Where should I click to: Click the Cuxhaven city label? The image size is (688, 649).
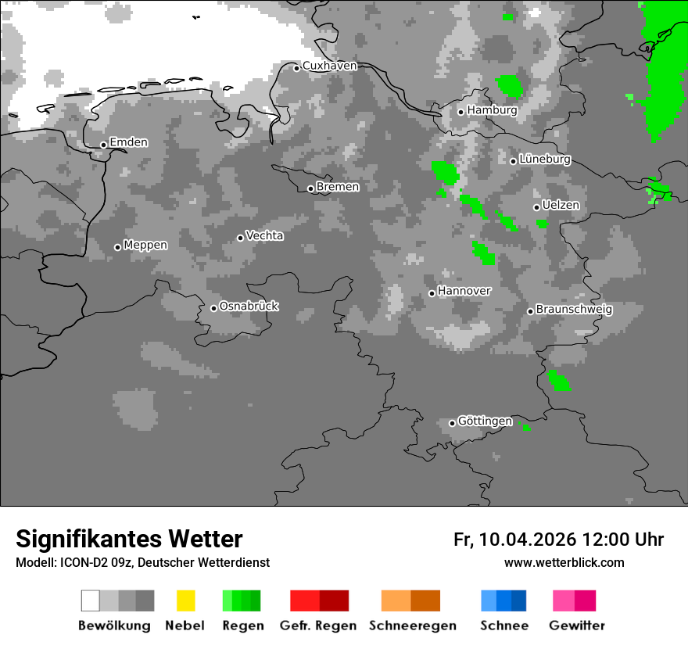tap(329, 66)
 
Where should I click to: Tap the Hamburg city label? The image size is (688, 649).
tap(492, 110)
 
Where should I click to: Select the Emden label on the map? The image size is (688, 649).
tap(128, 142)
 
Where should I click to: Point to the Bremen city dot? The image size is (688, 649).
tap(310, 188)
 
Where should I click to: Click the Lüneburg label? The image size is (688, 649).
tap(544, 159)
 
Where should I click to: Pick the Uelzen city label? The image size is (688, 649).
tap(561, 205)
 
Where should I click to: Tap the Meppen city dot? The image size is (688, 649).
tap(117, 247)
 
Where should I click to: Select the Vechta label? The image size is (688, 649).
tap(264, 235)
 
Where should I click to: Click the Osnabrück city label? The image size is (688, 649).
tap(249, 306)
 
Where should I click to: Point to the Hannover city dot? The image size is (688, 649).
tap(432, 293)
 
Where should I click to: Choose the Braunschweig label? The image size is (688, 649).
tap(574, 309)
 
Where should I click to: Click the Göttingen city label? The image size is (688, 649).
tap(485, 421)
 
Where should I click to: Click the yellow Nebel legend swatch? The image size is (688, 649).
tap(185, 601)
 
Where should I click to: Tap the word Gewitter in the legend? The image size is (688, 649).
tap(577, 626)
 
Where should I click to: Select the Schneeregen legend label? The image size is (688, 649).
tap(413, 626)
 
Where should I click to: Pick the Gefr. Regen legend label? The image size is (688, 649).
tap(318, 626)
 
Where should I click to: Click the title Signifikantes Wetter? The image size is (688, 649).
tap(129, 539)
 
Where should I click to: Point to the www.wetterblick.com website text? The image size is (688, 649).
tap(564, 562)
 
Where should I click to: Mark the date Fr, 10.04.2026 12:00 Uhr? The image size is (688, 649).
tap(558, 540)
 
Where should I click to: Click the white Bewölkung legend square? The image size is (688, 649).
tap(91, 601)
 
